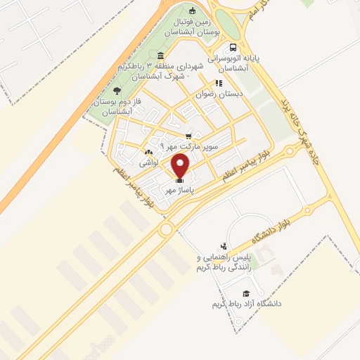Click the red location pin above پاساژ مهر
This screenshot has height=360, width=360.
click(181, 166)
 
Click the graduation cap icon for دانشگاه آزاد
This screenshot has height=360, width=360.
click(246, 293)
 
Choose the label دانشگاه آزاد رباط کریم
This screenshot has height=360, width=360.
click(246, 304)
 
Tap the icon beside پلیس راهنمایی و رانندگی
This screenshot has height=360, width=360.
click(223, 246)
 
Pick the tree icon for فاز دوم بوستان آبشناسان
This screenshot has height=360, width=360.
click(117, 91)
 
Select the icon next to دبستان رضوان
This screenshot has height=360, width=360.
click(218, 83)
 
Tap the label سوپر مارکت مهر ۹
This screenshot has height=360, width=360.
click(189, 146)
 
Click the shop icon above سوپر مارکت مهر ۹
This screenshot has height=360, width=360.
click(188, 136)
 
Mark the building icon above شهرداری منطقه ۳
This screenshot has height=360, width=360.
click(161, 56)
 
